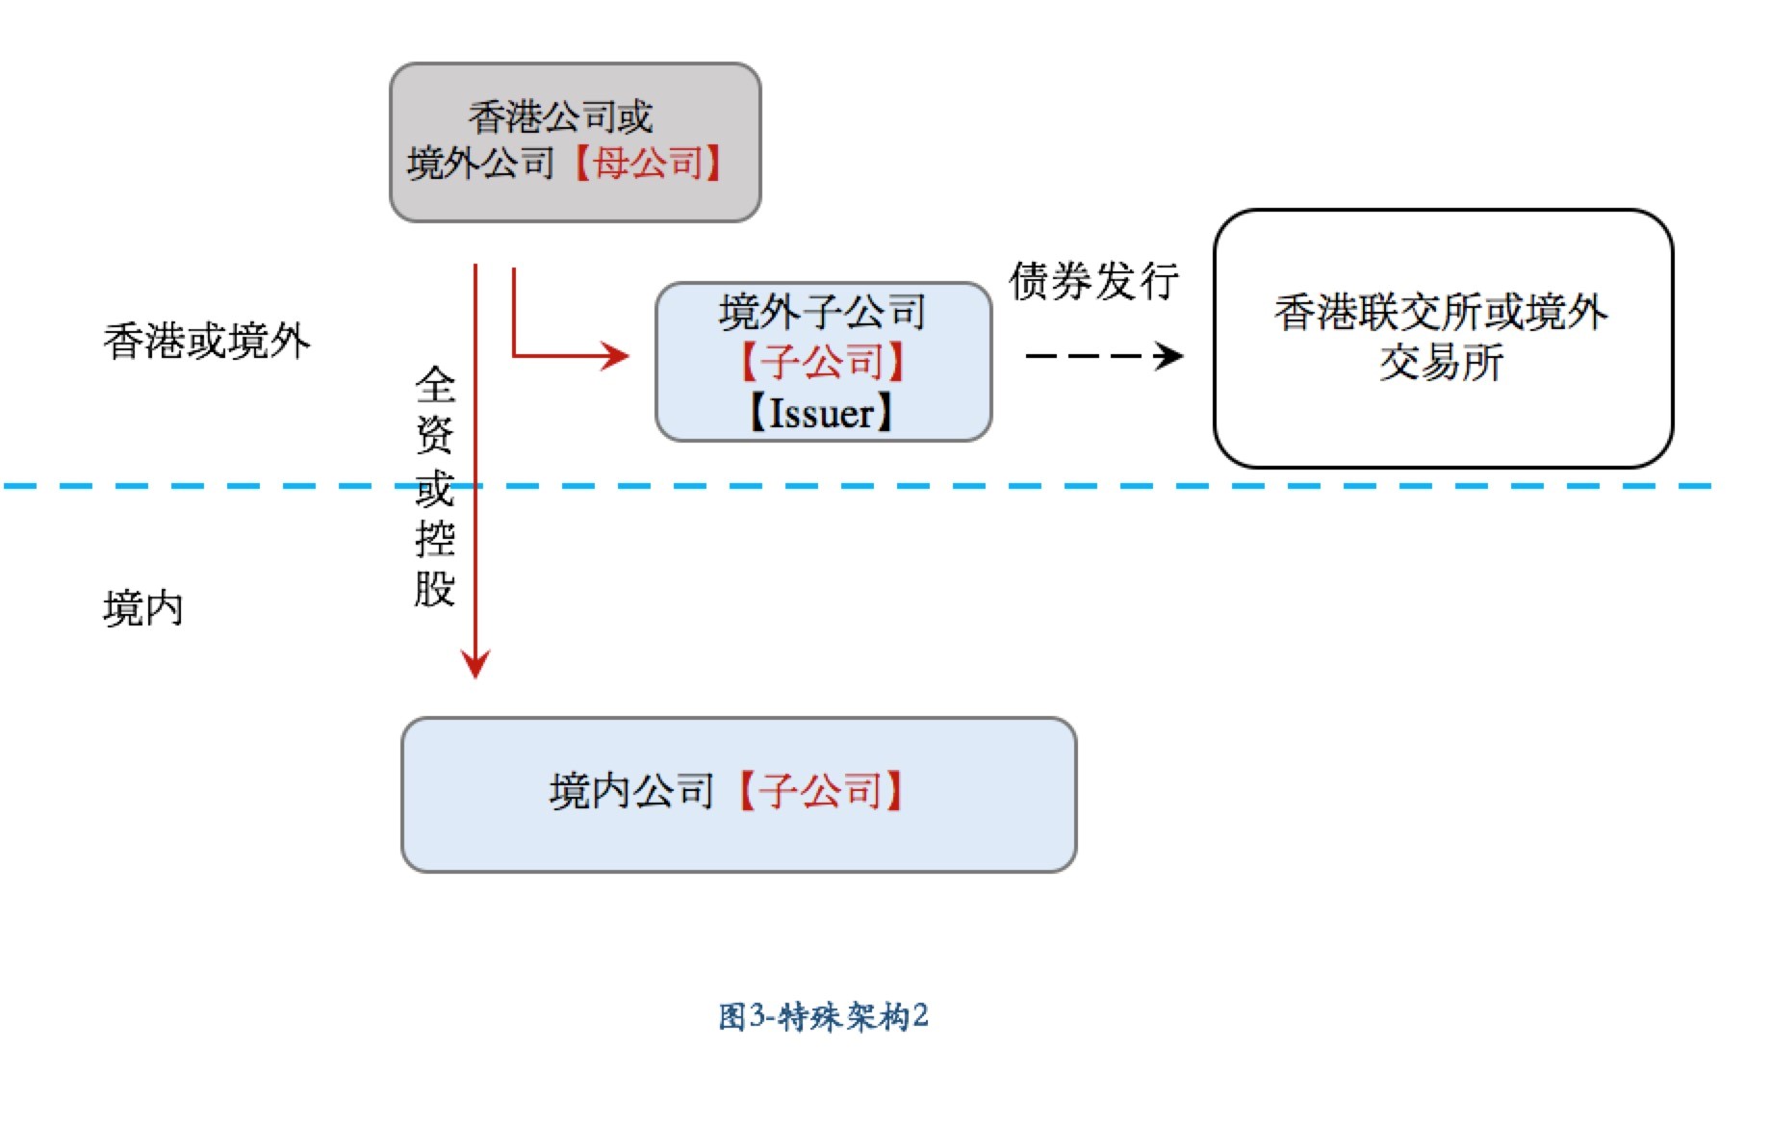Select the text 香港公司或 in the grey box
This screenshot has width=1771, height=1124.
point(560,117)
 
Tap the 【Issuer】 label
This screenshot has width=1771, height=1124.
point(822,413)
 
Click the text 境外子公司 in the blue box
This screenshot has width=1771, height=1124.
point(822,311)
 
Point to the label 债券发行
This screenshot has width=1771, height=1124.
point(1093,281)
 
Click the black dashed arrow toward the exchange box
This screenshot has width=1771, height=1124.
point(1103,356)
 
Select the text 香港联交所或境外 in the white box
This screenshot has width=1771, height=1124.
point(1441,312)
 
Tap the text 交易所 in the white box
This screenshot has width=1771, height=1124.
point(1441,364)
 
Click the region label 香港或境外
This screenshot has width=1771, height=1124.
point(207,342)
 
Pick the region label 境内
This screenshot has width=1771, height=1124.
point(142,609)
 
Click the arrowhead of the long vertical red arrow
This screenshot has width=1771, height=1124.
point(475,664)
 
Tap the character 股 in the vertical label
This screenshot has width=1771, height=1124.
point(435,588)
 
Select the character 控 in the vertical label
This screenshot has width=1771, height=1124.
point(435,538)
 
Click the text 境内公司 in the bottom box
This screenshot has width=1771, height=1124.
point(630,791)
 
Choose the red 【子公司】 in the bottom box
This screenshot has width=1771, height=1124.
point(820,791)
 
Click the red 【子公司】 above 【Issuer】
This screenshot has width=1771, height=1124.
point(822,362)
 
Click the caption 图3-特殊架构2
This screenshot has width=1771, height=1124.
point(823,1016)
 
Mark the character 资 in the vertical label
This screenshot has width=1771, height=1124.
point(435,435)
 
